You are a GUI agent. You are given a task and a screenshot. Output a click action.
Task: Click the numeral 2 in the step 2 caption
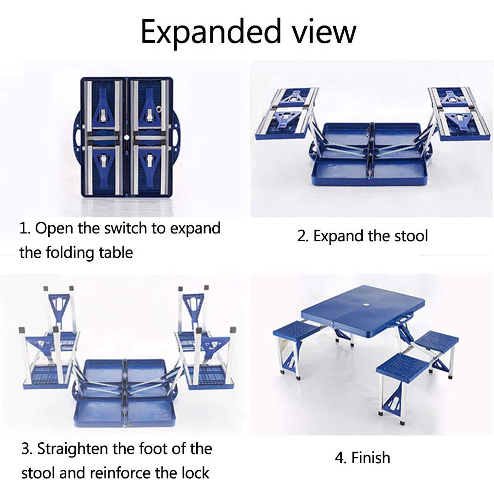click(x=302, y=236)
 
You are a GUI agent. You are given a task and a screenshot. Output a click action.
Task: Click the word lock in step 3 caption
click(x=195, y=473)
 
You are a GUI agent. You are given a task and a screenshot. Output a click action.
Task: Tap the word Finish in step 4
click(x=370, y=458)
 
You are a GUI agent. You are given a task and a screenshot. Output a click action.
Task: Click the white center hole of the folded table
click(x=126, y=137)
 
